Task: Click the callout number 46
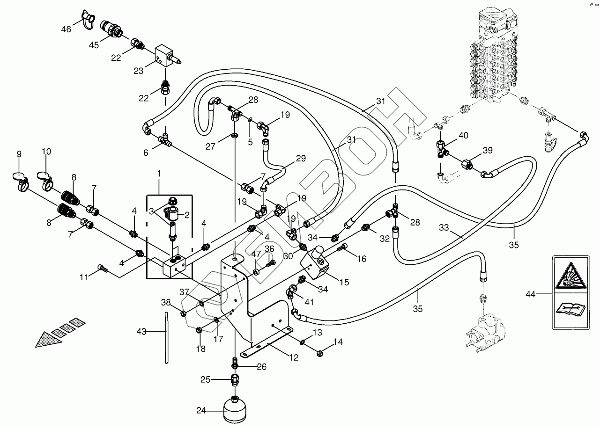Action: click(66, 29)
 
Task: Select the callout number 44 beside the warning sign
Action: click(530, 294)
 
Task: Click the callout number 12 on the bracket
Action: click(294, 358)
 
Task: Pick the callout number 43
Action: click(141, 332)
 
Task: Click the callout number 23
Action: click(138, 71)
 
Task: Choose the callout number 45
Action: click(94, 45)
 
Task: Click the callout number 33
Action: click(444, 227)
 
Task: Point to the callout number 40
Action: click(463, 135)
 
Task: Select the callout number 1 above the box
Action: click(159, 174)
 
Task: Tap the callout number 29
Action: click(300, 159)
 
